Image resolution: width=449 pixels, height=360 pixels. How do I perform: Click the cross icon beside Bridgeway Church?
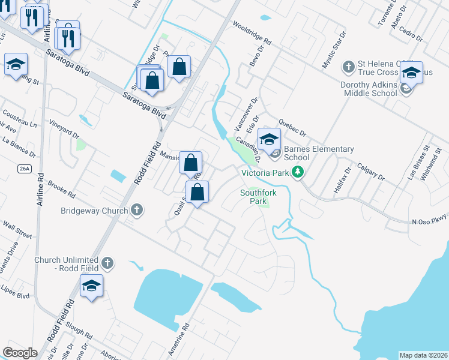pos(137,210)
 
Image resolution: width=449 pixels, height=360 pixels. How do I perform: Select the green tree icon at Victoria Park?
pos(297,173)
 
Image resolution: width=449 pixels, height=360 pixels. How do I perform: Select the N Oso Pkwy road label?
pos(430,221)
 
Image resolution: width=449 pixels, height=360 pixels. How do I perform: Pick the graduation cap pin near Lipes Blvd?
pos(91,287)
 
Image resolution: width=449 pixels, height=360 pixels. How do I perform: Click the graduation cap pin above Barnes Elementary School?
pos(270,140)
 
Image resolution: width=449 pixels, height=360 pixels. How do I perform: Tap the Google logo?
pos(20,353)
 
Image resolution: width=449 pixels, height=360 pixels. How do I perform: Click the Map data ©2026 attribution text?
pos(423,355)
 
